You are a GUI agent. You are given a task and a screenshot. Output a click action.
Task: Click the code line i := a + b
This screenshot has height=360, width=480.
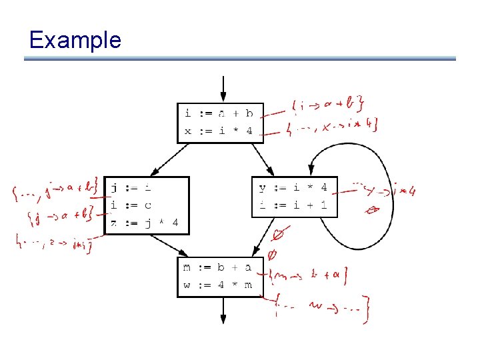pyautogui.click(x=219, y=113)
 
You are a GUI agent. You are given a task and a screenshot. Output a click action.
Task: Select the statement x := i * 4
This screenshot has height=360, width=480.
pyautogui.click(x=219, y=131)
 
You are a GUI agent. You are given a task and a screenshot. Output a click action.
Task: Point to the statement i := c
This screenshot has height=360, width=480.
pyautogui.click(x=131, y=205)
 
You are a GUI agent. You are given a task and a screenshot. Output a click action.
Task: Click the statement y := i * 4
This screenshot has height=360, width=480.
pyautogui.click(x=293, y=187)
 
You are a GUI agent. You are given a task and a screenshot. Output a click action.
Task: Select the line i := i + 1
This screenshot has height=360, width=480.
pyautogui.click(x=293, y=205)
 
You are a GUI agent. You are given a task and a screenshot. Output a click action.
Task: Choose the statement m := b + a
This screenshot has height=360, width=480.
pyautogui.click(x=217, y=267)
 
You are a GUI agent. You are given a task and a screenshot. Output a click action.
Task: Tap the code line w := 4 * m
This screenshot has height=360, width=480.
pyautogui.click(x=217, y=285)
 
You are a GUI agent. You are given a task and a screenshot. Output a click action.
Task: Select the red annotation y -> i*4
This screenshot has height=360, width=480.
pyautogui.click(x=387, y=191)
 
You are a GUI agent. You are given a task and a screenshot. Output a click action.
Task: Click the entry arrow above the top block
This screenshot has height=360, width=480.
pyautogui.click(x=223, y=89)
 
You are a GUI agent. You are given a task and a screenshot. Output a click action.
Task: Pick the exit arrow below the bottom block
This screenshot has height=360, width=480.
pyautogui.click(x=223, y=311)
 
